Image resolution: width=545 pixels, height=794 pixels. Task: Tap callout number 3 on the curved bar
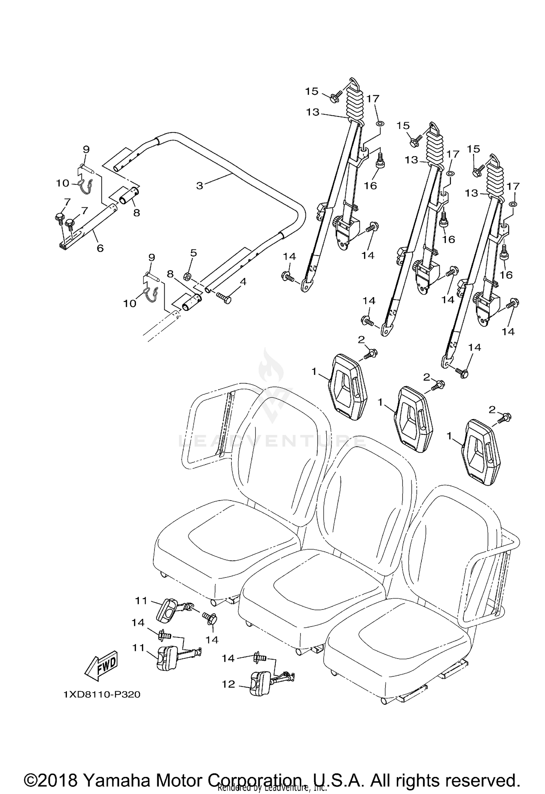click(199, 186)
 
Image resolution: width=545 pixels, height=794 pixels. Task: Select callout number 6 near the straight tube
click(100, 248)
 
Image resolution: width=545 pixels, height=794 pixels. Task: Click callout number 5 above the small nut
click(193, 252)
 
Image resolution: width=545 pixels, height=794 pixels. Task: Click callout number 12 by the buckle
click(229, 684)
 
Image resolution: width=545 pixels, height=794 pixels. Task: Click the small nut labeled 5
click(188, 277)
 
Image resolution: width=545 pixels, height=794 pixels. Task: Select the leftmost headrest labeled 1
click(348, 387)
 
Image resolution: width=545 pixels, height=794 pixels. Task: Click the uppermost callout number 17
click(373, 98)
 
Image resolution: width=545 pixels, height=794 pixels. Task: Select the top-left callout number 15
click(311, 91)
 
